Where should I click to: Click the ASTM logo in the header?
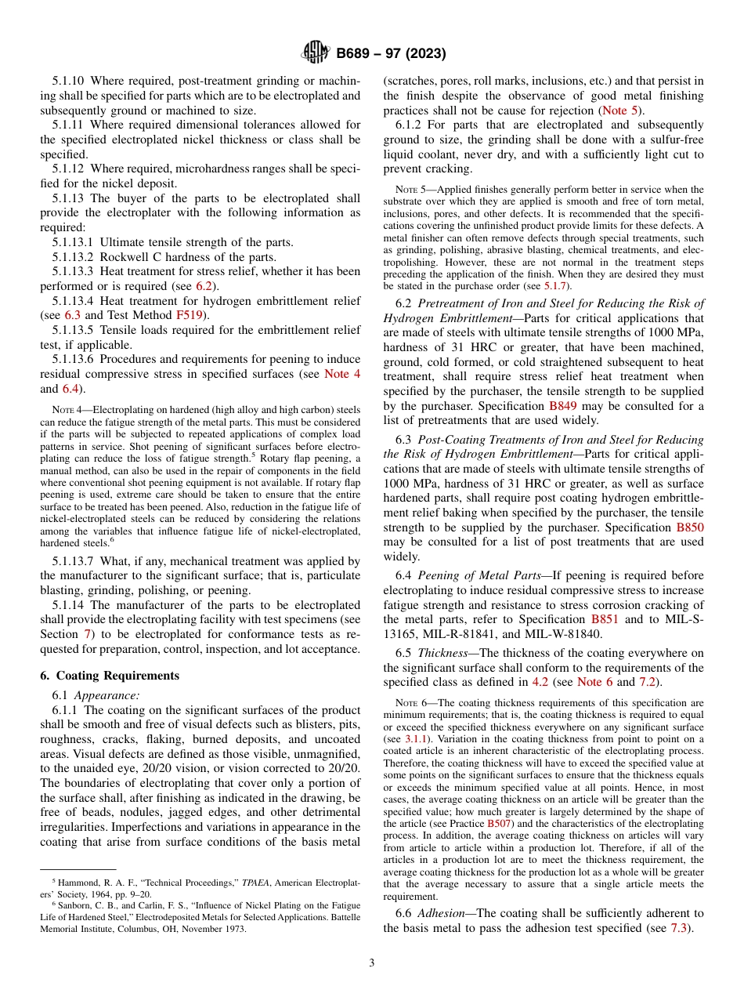click(x=316, y=53)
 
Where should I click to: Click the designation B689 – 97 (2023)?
click(x=391, y=54)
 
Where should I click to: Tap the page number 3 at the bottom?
click(x=372, y=963)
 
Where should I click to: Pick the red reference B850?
click(x=689, y=528)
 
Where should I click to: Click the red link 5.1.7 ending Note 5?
click(x=557, y=286)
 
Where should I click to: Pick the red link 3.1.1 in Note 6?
click(x=416, y=739)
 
